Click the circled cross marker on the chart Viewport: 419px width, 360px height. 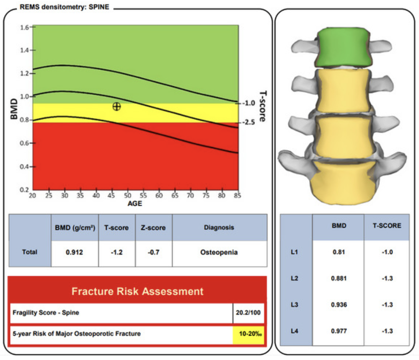[116, 106]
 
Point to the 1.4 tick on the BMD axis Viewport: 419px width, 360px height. [25, 50]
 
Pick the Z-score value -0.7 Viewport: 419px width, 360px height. [153, 252]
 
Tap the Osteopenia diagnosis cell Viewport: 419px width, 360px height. [219, 252]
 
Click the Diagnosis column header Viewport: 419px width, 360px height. [219, 228]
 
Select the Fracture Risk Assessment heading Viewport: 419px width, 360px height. [137, 291]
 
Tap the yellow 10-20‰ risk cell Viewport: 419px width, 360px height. [248, 334]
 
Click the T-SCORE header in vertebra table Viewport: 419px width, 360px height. [386, 226]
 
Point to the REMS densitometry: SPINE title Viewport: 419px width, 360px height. [65, 7]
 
